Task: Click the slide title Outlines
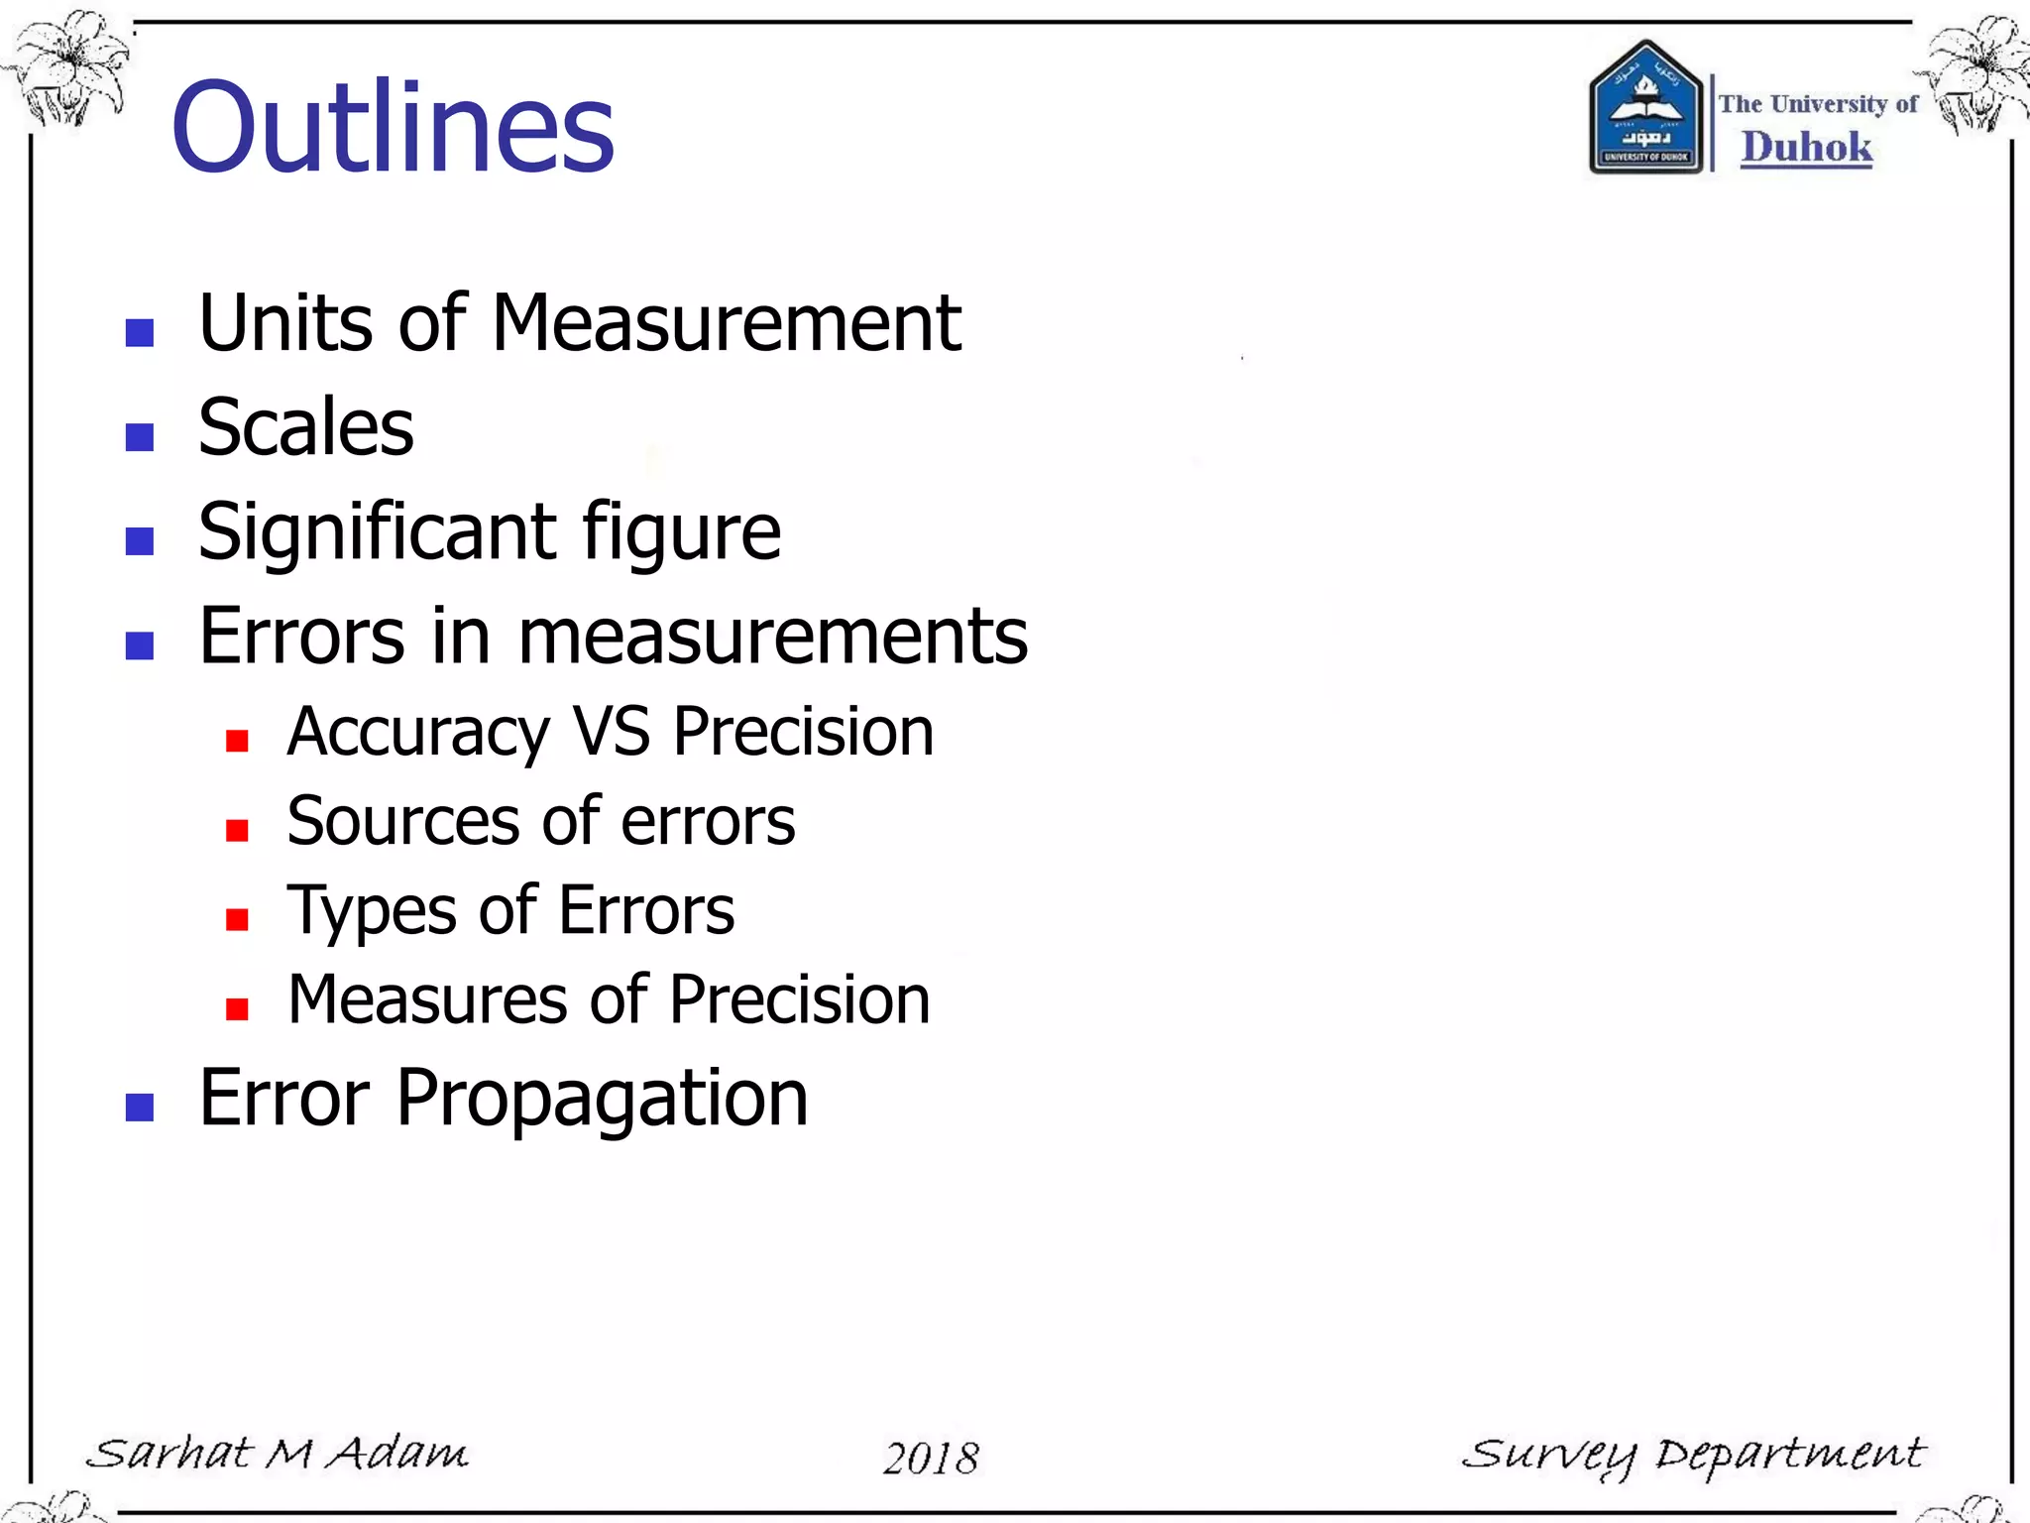coord(393,128)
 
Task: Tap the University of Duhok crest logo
coord(1645,107)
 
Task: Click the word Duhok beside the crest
coord(1806,148)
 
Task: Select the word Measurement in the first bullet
coord(726,323)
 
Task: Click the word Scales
coord(305,427)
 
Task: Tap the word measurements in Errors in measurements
coord(772,637)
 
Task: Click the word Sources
coord(402,821)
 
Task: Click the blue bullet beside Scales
coord(140,436)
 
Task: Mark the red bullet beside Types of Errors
coord(237,919)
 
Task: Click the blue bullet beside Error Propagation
coord(140,1107)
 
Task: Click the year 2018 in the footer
coord(931,1458)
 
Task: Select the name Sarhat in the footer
coord(169,1454)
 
